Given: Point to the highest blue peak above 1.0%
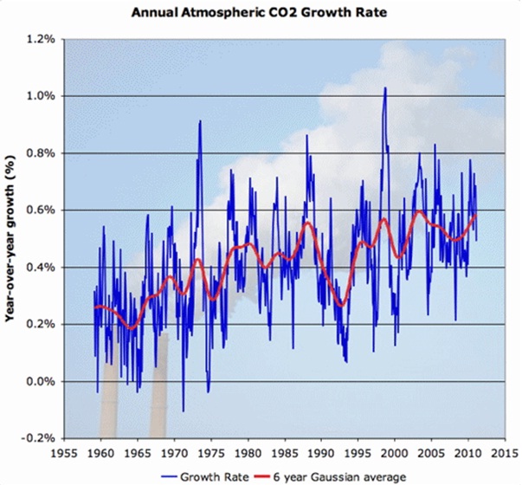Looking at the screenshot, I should (385, 87).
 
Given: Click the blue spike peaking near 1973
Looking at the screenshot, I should (200, 120).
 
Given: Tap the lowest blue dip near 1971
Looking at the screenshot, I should (184, 411).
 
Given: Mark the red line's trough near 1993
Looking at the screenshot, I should (342, 306).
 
